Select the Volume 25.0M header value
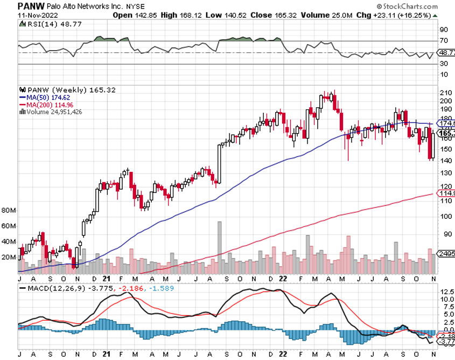coord(326,15)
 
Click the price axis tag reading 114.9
coord(446,193)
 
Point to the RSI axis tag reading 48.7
coord(446,53)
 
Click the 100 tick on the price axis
coord(445,216)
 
